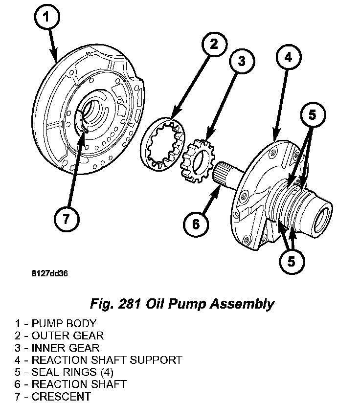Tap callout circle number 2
(x=213, y=45)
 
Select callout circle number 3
(x=241, y=61)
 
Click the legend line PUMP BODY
(x=55, y=323)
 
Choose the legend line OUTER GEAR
(x=59, y=336)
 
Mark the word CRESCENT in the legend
(x=61, y=397)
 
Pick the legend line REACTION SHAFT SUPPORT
(x=98, y=360)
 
